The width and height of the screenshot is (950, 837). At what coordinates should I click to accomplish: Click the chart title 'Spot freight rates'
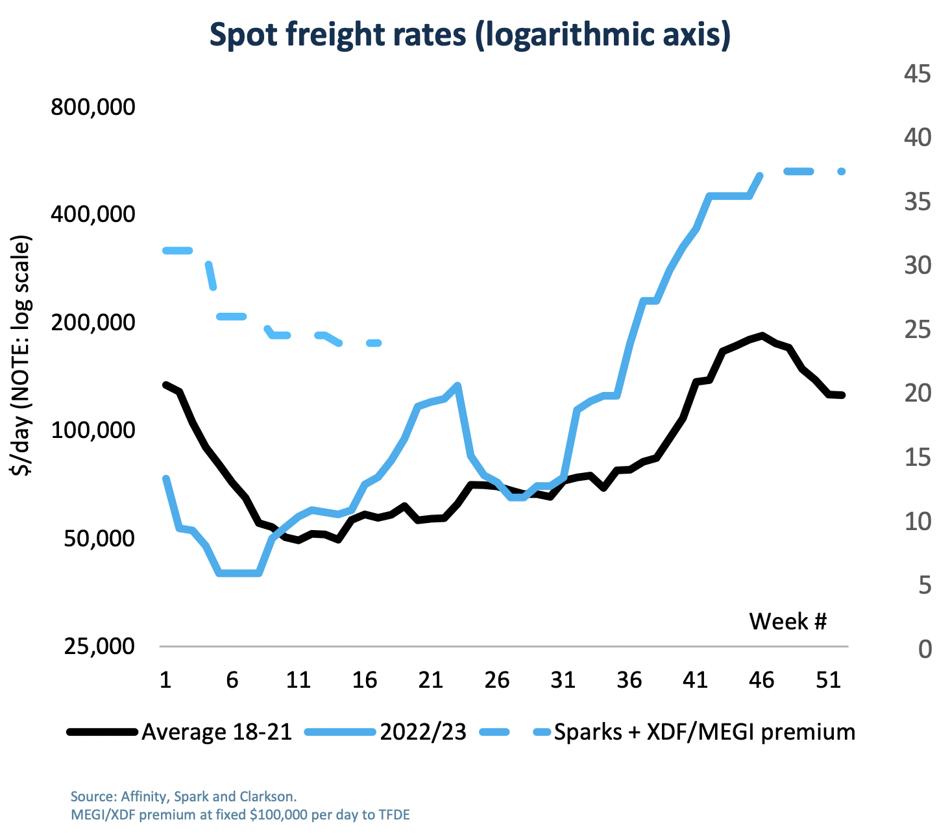click(x=470, y=34)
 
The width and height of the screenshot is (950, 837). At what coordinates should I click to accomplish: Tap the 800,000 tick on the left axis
click(x=93, y=106)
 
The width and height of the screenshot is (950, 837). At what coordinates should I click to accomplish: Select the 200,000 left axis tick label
click(x=93, y=322)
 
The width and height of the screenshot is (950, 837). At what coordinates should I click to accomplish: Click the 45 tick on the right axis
click(x=917, y=74)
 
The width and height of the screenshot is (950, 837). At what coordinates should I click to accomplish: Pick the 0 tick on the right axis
click(x=925, y=649)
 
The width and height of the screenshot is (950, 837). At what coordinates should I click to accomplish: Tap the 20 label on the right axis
click(x=917, y=393)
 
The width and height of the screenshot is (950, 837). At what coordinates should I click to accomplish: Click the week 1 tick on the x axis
click(x=165, y=680)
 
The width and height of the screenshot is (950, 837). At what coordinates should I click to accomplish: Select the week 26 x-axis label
click(x=496, y=680)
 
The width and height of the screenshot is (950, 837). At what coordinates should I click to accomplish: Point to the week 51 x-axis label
click(x=828, y=680)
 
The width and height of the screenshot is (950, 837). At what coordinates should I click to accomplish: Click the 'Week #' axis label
click(x=788, y=622)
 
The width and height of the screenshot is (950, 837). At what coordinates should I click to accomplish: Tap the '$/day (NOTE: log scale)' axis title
click(x=23, y=357)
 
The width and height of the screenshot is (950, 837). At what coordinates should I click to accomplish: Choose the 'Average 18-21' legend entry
click(x=217, y=732)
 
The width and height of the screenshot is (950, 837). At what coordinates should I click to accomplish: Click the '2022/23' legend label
click(x=423, y=732)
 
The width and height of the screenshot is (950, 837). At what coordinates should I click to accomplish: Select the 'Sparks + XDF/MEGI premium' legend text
click(x=704, y=732)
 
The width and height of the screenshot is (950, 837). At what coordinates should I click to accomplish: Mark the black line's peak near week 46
click(x=762, y=335)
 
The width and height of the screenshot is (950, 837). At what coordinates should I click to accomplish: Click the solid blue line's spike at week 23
click(x=457, y=386)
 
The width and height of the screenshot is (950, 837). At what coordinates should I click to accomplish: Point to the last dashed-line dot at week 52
click(x=842, y=171)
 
